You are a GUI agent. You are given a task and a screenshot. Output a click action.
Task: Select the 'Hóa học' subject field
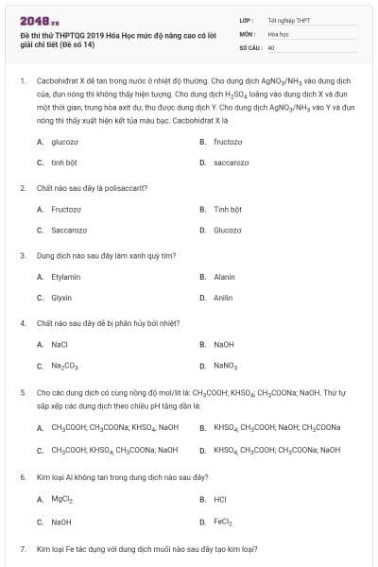click(279, 32)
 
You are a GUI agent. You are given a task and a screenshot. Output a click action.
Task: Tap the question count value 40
click(271, 46)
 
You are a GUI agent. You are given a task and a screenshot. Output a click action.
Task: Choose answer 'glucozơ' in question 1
click(64, 142)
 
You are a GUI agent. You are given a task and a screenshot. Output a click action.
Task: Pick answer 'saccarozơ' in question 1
click(232, 163)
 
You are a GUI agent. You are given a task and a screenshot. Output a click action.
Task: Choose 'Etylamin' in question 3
click(66, 277)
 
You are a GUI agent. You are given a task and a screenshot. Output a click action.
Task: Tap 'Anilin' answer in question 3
click(223, 298)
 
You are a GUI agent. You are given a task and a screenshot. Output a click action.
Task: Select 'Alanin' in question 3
click(224, 277)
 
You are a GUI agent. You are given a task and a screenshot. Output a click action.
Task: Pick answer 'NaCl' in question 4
click(60, 344)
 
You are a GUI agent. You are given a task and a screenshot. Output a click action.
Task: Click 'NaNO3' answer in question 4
click(226, 365)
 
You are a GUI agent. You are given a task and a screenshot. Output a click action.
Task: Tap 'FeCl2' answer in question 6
click(223, 521)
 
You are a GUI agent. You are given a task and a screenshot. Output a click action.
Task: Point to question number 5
click(22, 390)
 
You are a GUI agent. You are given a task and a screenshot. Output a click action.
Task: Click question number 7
click(22, 549)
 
